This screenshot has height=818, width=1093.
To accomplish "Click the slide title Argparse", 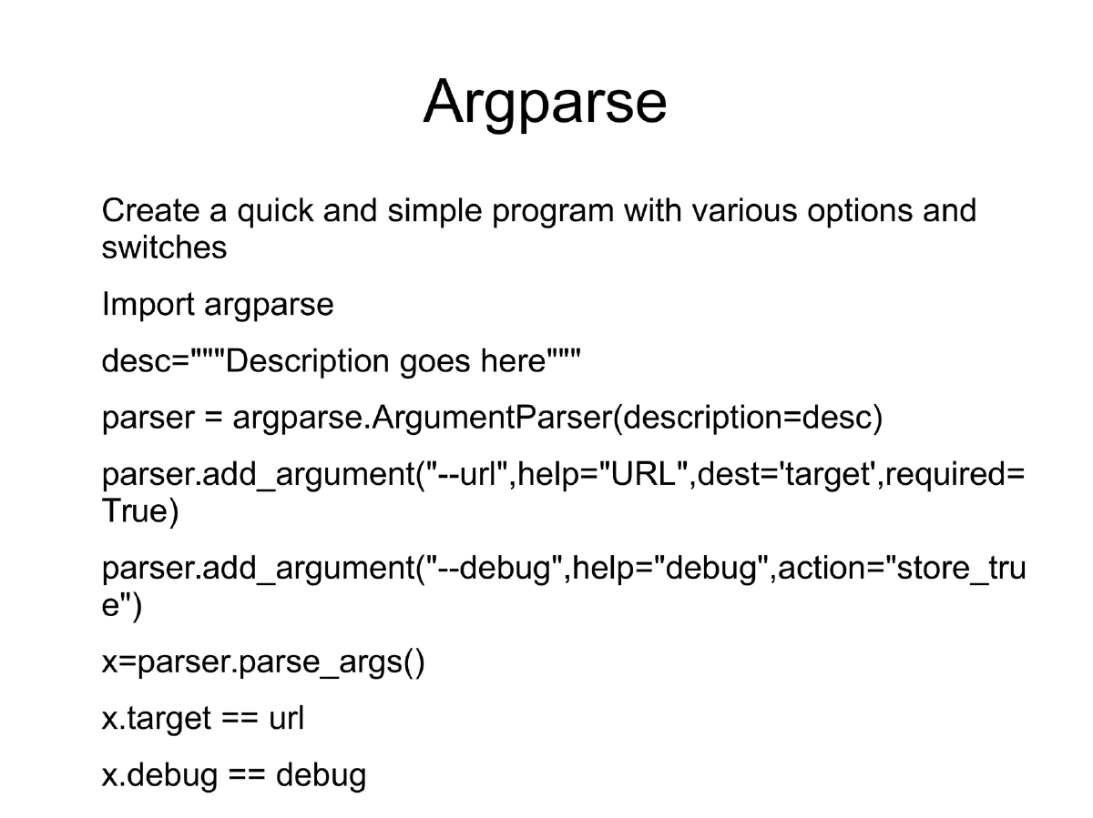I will [545, 102].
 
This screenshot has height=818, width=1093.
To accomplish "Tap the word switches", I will [164, 247].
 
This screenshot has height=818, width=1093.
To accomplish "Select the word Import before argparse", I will [148, 305].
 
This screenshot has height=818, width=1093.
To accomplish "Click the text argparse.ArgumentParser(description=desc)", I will [557, 419].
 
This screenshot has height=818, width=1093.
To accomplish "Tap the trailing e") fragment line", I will [122, 607].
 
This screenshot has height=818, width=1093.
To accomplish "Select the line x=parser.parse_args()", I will [263, 663].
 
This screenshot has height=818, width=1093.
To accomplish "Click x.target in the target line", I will [156, 719].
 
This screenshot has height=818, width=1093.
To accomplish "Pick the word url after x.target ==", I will [286, 719].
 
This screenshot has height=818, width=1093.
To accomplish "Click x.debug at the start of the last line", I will [159, 776].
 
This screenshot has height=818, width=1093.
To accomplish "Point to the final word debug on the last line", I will [321, 776].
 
